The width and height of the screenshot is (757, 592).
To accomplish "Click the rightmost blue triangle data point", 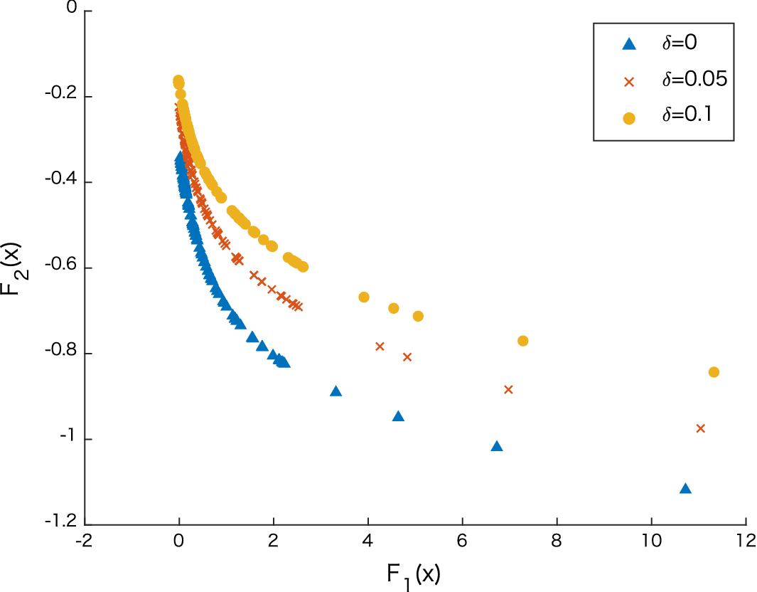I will point(685,488).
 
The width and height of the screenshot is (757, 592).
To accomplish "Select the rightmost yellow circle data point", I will point(714,372).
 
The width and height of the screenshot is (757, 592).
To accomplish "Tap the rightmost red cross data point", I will point(700,428).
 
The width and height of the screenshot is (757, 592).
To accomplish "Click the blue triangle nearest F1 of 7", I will point(497,446).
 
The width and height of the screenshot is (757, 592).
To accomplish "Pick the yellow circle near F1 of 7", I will point(523,341).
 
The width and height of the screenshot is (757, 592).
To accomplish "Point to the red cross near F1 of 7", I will point(508,389).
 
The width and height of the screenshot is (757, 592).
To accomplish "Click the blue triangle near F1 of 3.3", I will point(336,391).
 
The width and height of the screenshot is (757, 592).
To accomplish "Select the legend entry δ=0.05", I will point(694,80).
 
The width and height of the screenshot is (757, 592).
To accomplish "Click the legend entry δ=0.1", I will point(687,117).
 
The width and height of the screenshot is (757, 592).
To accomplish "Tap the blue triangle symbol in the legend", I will point(628,44).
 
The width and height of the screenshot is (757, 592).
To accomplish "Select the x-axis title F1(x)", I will point(414,574).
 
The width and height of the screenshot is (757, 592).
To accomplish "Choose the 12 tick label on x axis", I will point(744,539).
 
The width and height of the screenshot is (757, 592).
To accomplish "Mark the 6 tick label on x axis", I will point(462,539).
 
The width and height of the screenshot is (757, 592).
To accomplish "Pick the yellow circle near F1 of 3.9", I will point(364,297).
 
